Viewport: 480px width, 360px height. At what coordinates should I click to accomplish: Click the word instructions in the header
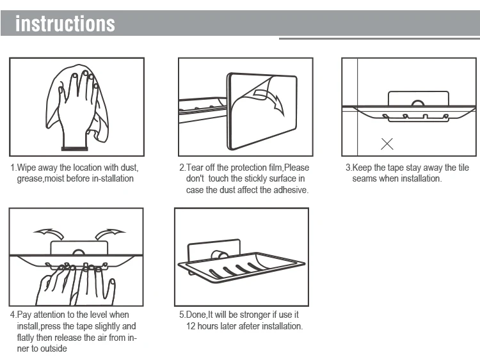65,24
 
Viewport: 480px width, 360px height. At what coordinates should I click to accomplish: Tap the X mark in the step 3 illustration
387,144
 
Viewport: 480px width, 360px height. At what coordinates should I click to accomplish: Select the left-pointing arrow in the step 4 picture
49,233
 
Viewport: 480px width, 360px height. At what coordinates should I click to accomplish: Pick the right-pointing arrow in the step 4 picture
109,233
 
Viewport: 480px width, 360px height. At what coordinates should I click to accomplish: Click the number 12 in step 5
191,326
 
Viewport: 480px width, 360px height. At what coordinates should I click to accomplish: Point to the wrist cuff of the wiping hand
74,148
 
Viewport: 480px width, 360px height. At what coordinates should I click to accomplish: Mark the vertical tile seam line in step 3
357,107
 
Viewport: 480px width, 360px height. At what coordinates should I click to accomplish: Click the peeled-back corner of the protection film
262,85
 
